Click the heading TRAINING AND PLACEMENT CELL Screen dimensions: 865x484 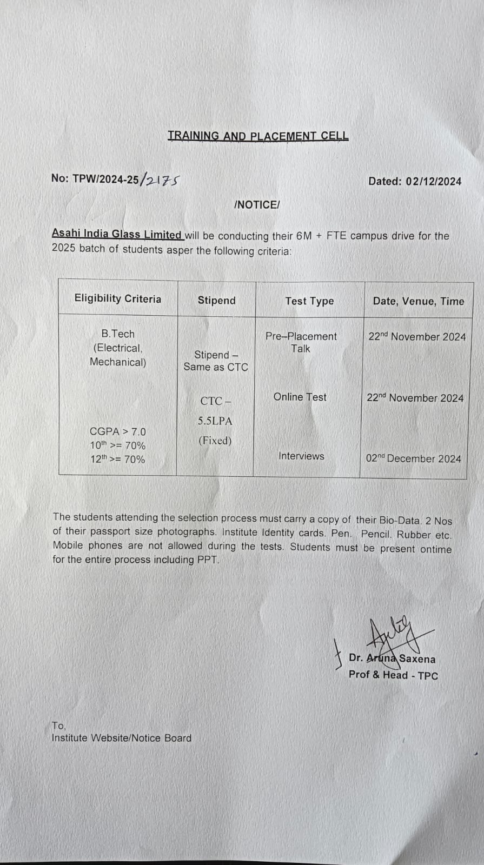[x=258, y=136]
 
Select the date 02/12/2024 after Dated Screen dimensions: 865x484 [x=434, y=182]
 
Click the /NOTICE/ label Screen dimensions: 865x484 [x=257, y=205]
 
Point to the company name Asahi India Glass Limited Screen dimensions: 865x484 [x=117, y=234]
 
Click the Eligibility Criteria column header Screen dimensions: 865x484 [x=118, y=299]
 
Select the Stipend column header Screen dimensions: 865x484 [x=216, y=301]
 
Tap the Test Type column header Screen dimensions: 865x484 [x=309, y=301]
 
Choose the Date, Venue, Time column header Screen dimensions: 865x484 [x=419, y=301]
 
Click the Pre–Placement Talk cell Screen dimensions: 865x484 [x=301, y=342]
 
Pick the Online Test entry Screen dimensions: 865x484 [x=300, y=397]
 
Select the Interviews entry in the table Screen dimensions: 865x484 [x=301, y=456]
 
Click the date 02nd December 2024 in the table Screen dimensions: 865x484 [x=414, y=458]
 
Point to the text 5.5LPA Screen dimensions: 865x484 [x=215, y=421]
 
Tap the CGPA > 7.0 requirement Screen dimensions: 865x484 [x=117, y=431]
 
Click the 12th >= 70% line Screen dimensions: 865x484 [x=117, y=459]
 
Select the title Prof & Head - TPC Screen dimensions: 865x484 [x=393, y=675]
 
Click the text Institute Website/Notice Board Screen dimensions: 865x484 [x=122, y=738]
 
